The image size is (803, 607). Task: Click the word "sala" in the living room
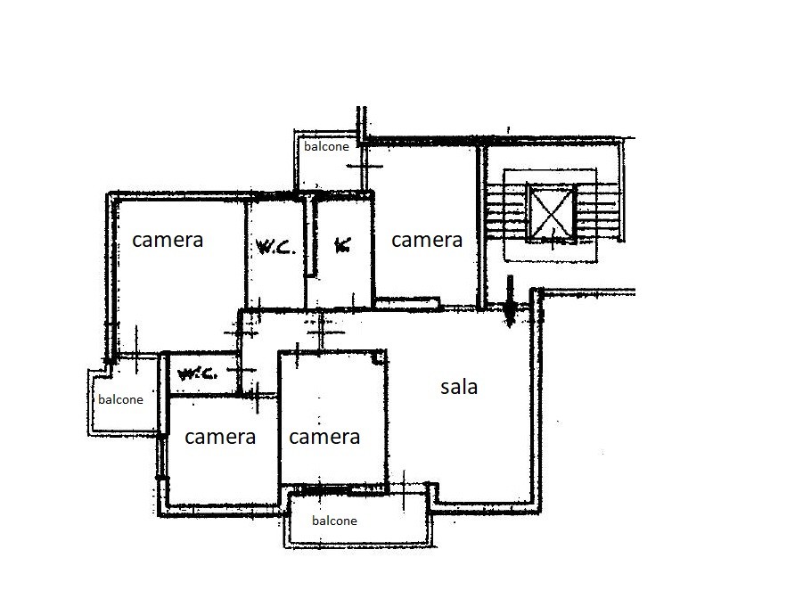(x=459, y=387)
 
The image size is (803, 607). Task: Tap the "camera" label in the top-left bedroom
(x=168, y=240)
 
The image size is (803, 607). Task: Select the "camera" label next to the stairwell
(x=427, y=240)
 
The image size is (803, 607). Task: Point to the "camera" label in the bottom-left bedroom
(x=220, y=437)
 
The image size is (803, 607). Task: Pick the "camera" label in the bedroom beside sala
(x=324, y=437)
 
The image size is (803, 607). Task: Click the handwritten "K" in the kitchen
(x=342, y=245)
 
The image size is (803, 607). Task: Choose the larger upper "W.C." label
(x=275, y=248)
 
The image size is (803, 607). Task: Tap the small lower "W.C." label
(x=197, y=373)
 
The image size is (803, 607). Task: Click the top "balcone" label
(x=326, y=146)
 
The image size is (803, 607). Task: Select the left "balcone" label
(x=120, y=399)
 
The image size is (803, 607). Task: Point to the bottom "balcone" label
(x=334, y=521)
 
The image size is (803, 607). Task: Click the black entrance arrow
(x=510, y=301)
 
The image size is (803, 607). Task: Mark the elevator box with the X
(x=552, y=213)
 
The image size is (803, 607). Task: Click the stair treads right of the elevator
(x=599, y=211)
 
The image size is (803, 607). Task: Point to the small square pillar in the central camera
(x=379, y=357)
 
